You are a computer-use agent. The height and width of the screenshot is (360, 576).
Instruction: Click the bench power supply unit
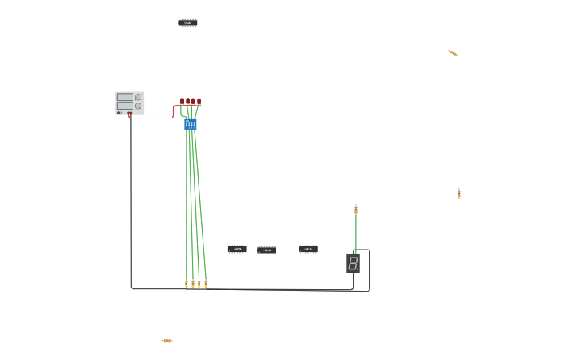pyautogui.click(x=130, y=103)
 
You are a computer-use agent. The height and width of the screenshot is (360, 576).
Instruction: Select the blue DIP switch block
pyautogui.click(x=191, y=124)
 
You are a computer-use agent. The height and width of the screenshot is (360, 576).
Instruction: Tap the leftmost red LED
pyautogui.click(x=182, y=102)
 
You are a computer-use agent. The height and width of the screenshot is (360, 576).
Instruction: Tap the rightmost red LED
pyautogui.click(x=199, y=102)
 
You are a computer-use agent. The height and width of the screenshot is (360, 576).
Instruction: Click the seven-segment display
pyautogui.click(x=353, y=263)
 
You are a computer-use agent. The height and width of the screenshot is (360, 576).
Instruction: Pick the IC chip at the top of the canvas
pyautogui.click(x=187, y=23)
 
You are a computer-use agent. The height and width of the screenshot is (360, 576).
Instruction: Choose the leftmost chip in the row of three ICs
pyautogui.click(x=237, y=249)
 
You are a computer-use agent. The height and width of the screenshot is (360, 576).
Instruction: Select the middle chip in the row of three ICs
pyautogui.click(x=267, y=250)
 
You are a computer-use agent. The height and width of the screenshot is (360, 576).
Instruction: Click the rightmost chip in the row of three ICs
pyautogui.click(x=308, y=249)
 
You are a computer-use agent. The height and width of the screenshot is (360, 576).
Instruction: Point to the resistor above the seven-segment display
pyautogui.click(x=356, y=210)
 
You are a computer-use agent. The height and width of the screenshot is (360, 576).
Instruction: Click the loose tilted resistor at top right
pyautogui.click(x=453, y=53)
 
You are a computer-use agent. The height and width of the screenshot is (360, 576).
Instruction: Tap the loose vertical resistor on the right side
pyautogui.click(x=459, y=193)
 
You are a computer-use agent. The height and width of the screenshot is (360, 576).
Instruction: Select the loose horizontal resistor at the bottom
pyautogui.click(x=167, y=341)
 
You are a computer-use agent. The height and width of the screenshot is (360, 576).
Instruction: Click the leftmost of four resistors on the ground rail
pyautogui.click(x=187, y=284)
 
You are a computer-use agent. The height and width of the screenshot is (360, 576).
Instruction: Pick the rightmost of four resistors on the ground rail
pyautogui.click(x=206, y=284)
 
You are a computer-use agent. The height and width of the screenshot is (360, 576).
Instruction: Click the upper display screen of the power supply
pyautogui.click(x=125, y=97)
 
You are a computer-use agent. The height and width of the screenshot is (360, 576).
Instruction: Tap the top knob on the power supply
pyautogui.click(x=138, y=97)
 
